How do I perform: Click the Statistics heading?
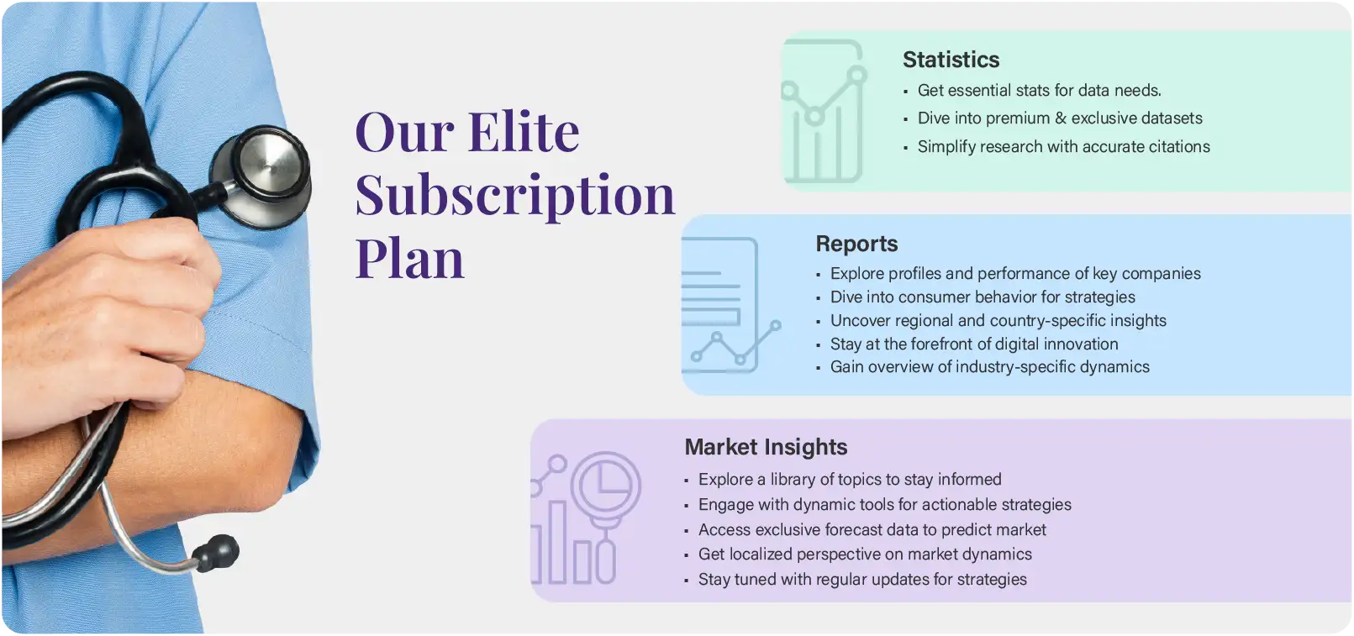click(x=951, y=60)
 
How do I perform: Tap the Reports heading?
click(x=856, y=244)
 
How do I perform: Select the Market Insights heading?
click(x=766, y=448)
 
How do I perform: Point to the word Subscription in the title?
click(x=515, y=196)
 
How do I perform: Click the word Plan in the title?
click(x=410, y=259)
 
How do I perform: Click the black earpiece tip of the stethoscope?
click(x=216, y=552)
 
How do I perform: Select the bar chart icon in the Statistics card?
click(x=825, y=111)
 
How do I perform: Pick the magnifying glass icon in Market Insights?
click(x=605, y=517)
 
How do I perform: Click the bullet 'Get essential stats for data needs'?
click(x=1039, y=91)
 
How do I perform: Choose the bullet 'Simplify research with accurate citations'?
click(x=1064, y=147)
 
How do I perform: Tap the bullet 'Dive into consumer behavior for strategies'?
click(x=983, y=297)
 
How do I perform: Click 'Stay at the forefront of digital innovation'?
click(x=974, y=344)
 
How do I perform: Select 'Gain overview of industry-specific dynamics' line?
click(x=989, y=367)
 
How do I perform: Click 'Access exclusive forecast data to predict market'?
click(x=872, y=529)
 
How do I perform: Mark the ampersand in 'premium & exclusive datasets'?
click(x=1060, y=118)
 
